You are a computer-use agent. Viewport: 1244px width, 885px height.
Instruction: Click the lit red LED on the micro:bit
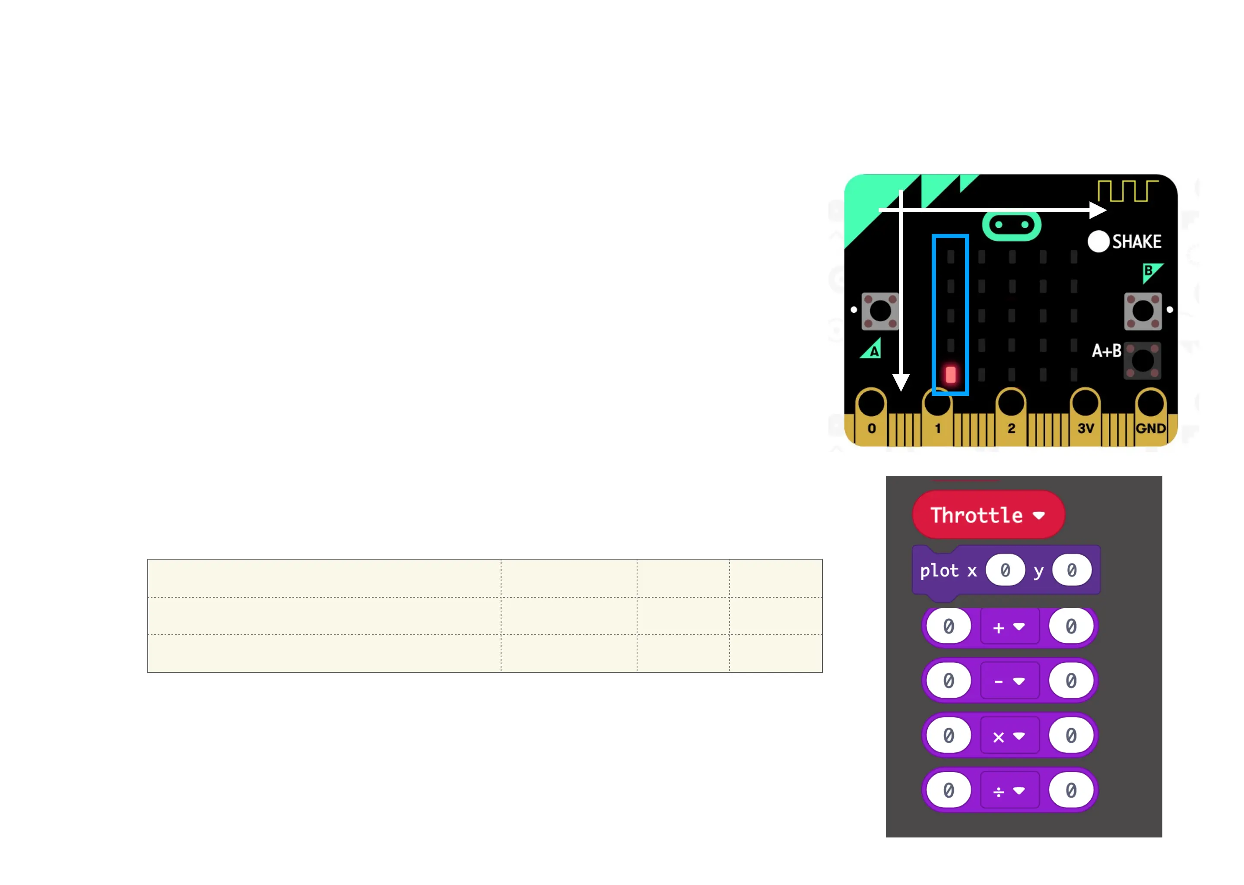(x=950, y=374)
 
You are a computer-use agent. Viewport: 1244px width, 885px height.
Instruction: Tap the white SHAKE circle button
(x=1098, y=242)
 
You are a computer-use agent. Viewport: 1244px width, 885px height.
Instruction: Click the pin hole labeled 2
(x=1011, y=404)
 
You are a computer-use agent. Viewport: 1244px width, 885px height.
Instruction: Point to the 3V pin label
(x=1085, y=428)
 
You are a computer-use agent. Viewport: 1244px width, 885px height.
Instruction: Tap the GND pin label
(x=1150, y=428)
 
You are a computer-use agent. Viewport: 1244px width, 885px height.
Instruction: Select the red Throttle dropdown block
(x=988, y=515)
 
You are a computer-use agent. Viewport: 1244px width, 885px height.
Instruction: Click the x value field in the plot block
(x=1005, y=570)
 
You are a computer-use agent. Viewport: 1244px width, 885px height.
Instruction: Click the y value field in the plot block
(x=1071, y=570)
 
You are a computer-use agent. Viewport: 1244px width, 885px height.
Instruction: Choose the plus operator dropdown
(x=1009, y=627)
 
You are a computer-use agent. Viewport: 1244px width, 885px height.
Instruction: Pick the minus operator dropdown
(x=1009, y=681)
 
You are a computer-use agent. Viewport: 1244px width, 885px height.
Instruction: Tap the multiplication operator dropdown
(x=1009, y=736)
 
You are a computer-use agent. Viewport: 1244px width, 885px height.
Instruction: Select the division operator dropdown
(x=1009, y=791)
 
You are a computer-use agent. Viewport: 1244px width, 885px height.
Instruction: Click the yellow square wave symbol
(x=1127, y=191)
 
